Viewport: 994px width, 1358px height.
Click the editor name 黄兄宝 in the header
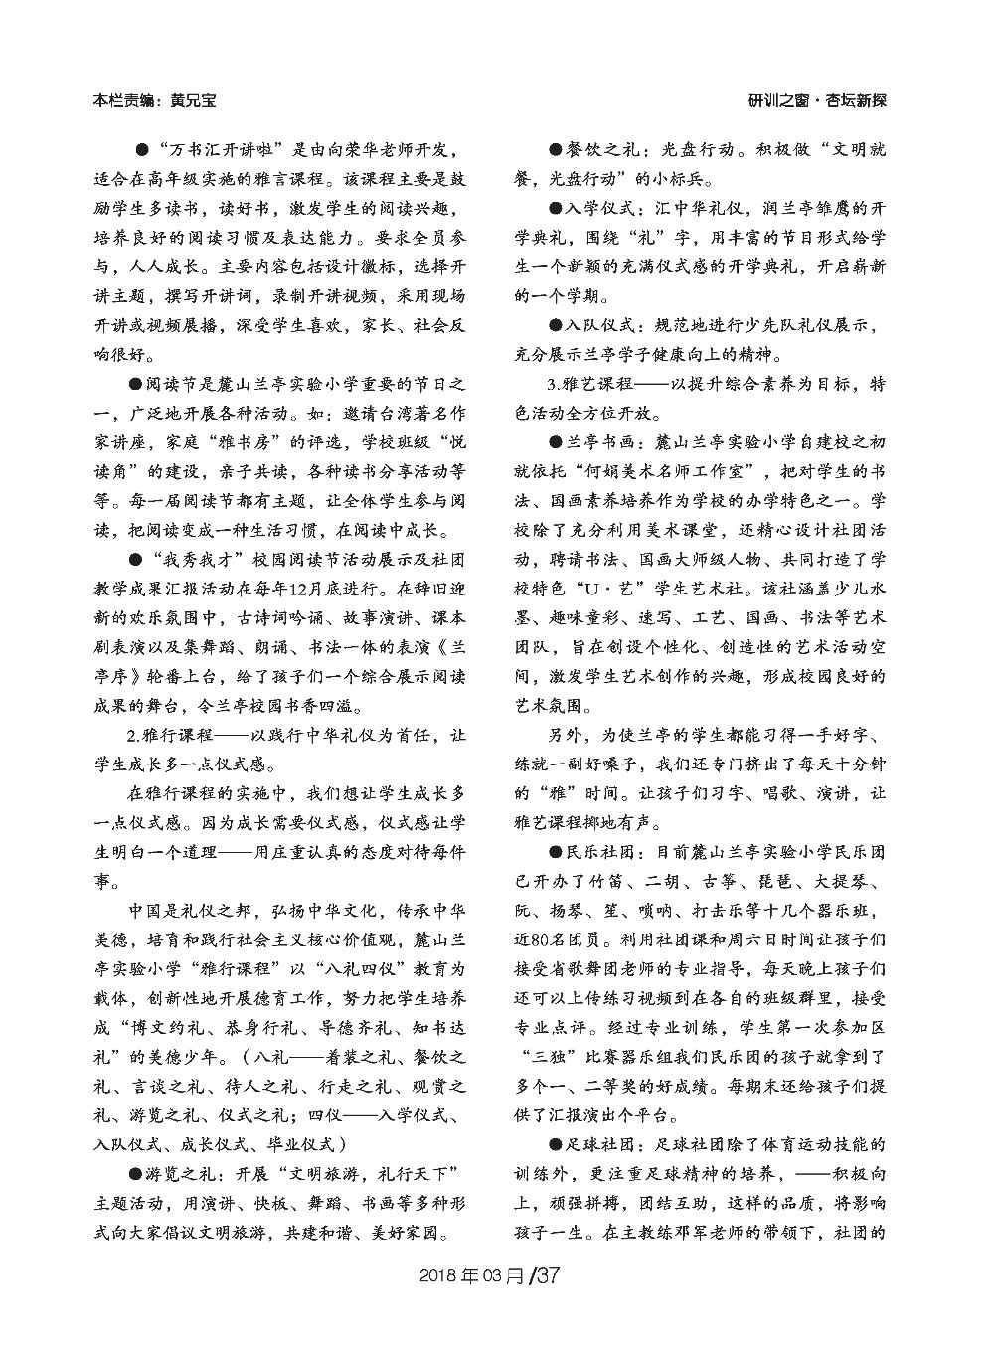pos(193,101)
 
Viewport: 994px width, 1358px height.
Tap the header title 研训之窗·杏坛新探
pos(817,101)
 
